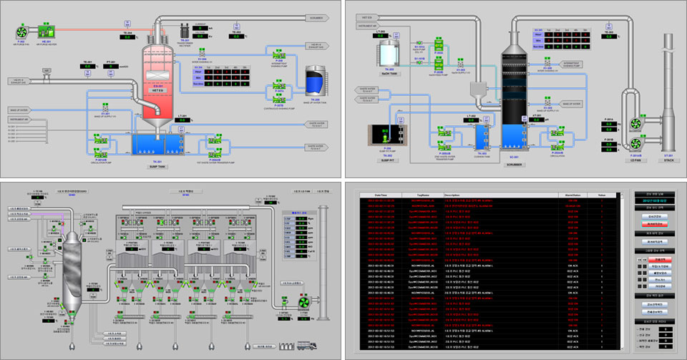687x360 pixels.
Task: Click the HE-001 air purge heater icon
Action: tap(48, 30)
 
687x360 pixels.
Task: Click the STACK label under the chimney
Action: tap(668, 161)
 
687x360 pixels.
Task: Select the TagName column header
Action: tap(424, 195)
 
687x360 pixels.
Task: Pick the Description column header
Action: tap(453, 195)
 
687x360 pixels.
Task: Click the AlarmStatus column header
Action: tap(572, 195)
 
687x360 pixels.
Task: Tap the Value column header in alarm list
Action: tap(602, 195)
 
